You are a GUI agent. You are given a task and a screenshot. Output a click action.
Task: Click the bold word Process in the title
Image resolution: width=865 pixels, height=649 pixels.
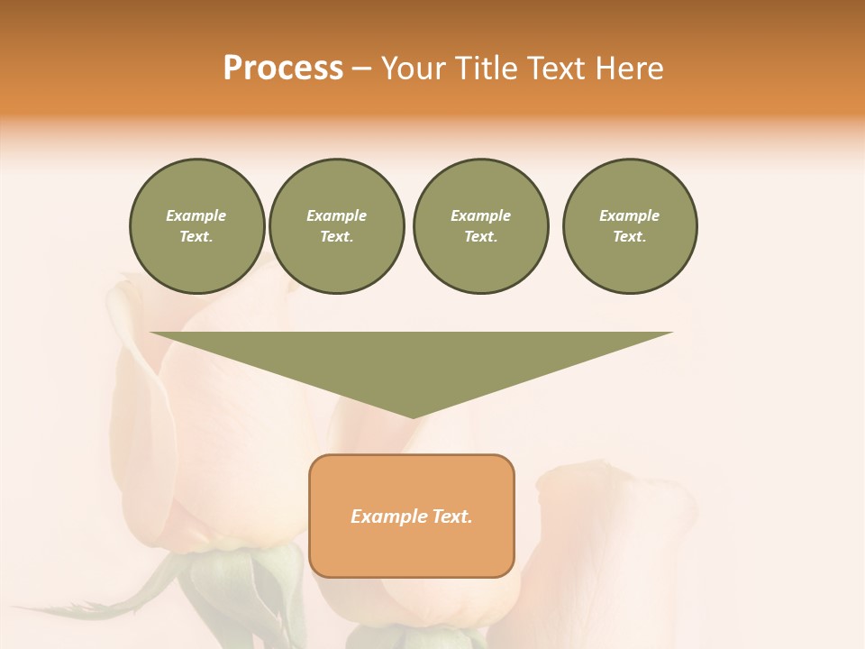[x=283, y=69]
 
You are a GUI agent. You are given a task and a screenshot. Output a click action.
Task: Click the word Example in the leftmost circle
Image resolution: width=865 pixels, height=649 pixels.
[x=196, y=215]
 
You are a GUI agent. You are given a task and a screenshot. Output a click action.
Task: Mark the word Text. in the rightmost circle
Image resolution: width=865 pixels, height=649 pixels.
[x=630, y=236]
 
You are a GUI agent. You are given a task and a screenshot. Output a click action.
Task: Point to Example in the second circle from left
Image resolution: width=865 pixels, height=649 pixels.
[x=336, y=215]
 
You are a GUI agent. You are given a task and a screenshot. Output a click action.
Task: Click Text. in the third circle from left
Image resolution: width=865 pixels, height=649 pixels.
[x=480, y=236]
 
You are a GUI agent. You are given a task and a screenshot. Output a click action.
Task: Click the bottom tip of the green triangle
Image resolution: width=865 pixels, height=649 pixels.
[x=412, y=416]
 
